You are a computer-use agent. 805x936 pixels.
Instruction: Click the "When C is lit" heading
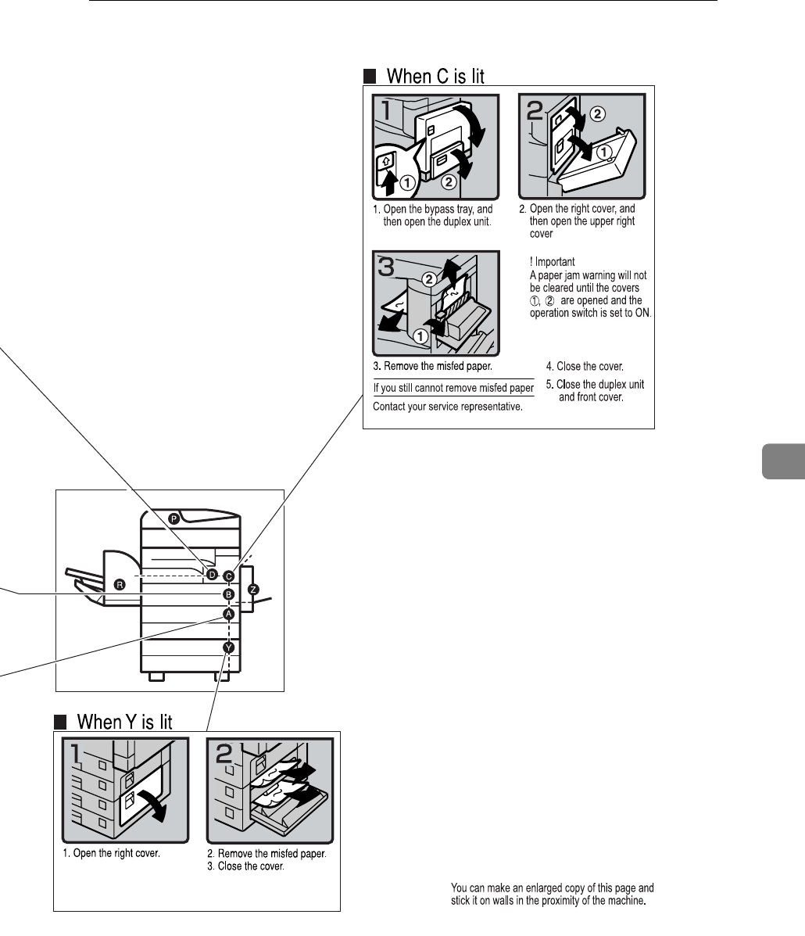coord(435,76)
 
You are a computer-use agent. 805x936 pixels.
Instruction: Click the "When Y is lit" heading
coord(123,721)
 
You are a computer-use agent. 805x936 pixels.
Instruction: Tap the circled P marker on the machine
coord(174,517)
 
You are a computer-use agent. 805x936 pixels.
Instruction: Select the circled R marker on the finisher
coord(120,583)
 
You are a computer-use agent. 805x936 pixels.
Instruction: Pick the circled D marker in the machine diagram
coord(212,574)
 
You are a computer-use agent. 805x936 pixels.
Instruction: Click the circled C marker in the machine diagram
coord(228,576)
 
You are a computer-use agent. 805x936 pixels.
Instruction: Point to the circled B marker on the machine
coord(228,595)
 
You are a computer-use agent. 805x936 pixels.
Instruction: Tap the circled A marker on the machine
coord(228,614)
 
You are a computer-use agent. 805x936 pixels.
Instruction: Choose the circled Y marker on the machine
coord(228,647)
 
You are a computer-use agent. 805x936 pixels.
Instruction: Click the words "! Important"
coord(552,263)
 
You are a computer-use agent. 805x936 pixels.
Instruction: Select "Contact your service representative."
coord(447,407)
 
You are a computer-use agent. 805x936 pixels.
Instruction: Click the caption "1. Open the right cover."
coord(111,853)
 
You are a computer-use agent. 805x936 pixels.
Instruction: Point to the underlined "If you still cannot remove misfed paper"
coord(453,388)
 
